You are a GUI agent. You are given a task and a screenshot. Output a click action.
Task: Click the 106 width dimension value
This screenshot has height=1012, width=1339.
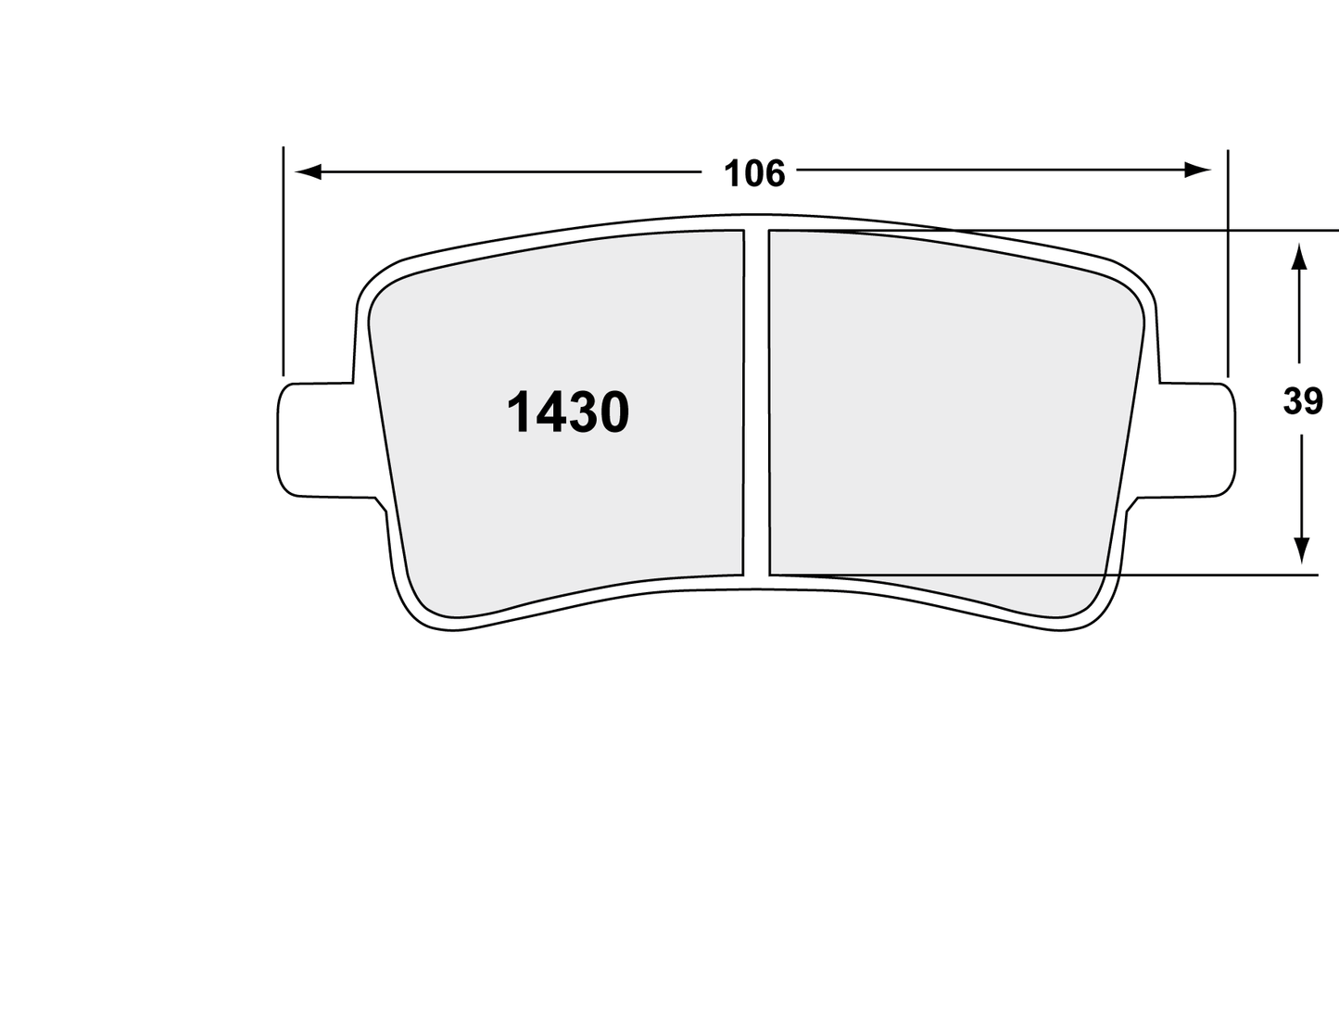(753, 173)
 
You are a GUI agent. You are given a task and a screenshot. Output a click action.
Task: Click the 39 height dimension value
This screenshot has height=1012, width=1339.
(1302, 402)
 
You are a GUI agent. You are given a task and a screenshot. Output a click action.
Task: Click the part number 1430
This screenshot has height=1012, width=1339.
(567, 412)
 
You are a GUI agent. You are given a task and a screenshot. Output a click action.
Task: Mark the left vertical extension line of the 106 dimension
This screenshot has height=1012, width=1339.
(283, 259)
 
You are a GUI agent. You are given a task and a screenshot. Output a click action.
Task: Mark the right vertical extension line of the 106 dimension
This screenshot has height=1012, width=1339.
(1228, 259)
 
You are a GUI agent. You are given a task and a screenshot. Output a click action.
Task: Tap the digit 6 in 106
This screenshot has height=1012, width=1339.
(774, 173)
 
